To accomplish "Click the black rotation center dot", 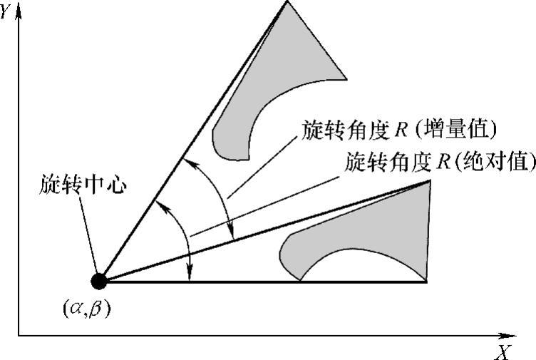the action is pos(99,281).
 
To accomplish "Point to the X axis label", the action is pos(502,351).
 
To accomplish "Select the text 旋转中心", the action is pos(83,186).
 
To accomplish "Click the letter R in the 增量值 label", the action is pos(404,131).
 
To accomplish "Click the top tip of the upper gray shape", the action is pos(287,2).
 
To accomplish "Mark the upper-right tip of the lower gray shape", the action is pos(430,181).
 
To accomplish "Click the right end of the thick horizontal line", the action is pos(426,282).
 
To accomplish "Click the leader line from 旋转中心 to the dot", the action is pos(91,235).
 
